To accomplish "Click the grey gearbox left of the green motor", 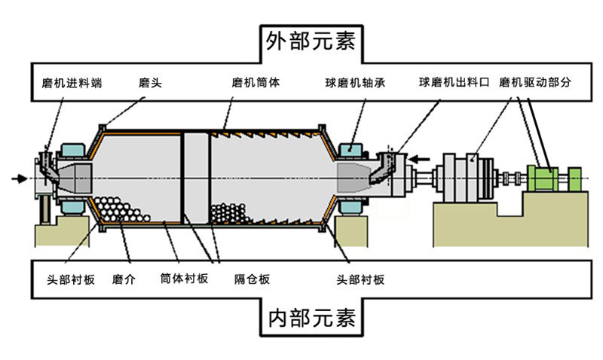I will [x=467, y=178].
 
